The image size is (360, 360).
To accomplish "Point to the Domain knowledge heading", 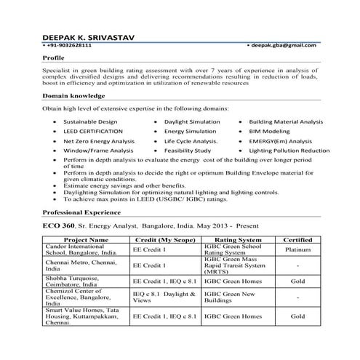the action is (x=73, y=95).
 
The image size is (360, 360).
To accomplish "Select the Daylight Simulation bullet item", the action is (x=192, y=121).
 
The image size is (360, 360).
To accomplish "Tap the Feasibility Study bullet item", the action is (x=187, y=151).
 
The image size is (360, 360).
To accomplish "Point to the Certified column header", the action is (x=298, y=239).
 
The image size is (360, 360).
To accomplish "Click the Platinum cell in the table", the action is (x=298, y=249).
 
